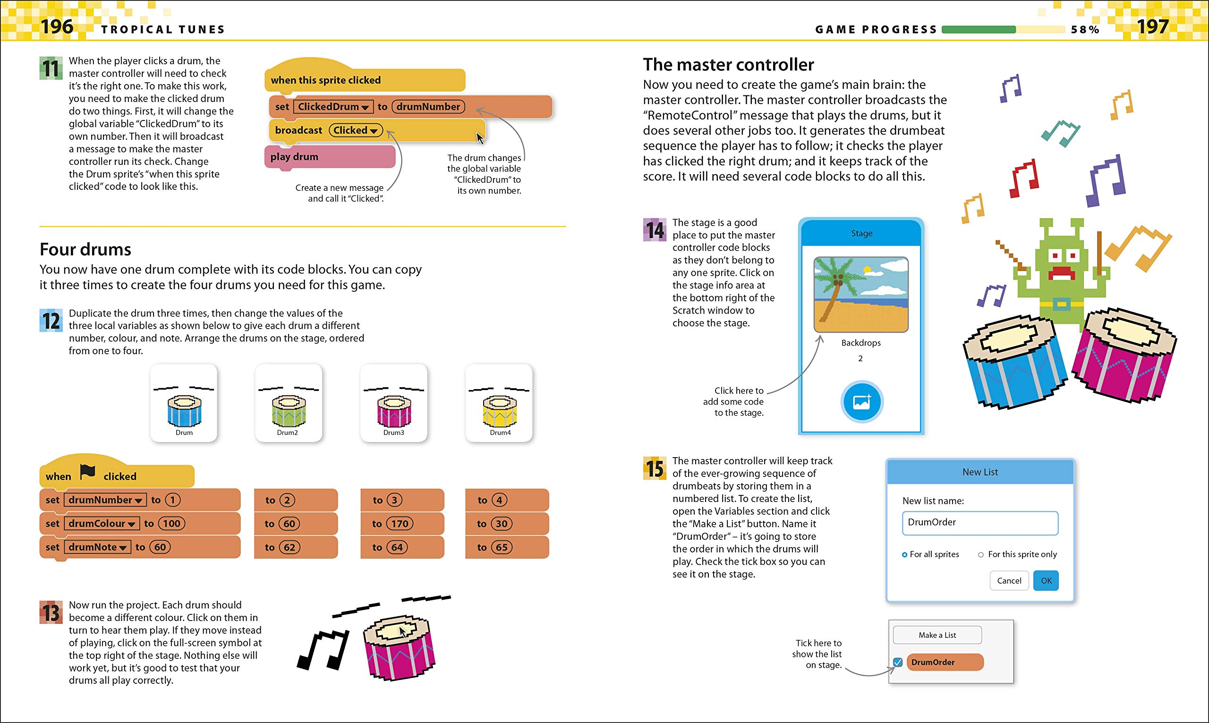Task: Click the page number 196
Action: (x=57, y=26)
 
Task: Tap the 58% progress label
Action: (x=1085, y=30)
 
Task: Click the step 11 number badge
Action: (x=51, y=68)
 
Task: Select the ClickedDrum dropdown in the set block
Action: (x=333, y=107)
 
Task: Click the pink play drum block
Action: (x=329, y=157)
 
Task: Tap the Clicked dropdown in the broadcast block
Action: (x=356, y=130)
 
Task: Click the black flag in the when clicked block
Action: (x=88, y=472)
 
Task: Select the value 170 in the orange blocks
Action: (x=400, y=524)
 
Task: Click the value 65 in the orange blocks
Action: (x=501, y=547)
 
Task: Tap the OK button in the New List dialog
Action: (x=1046, y=581)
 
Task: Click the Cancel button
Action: (x=1009, y=581)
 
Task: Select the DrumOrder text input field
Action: (x=979, y=523)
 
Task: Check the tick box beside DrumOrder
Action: (x=898, y=662)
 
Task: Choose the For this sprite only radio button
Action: (x=981, y=554)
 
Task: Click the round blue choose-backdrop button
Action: (x=861, y=402)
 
